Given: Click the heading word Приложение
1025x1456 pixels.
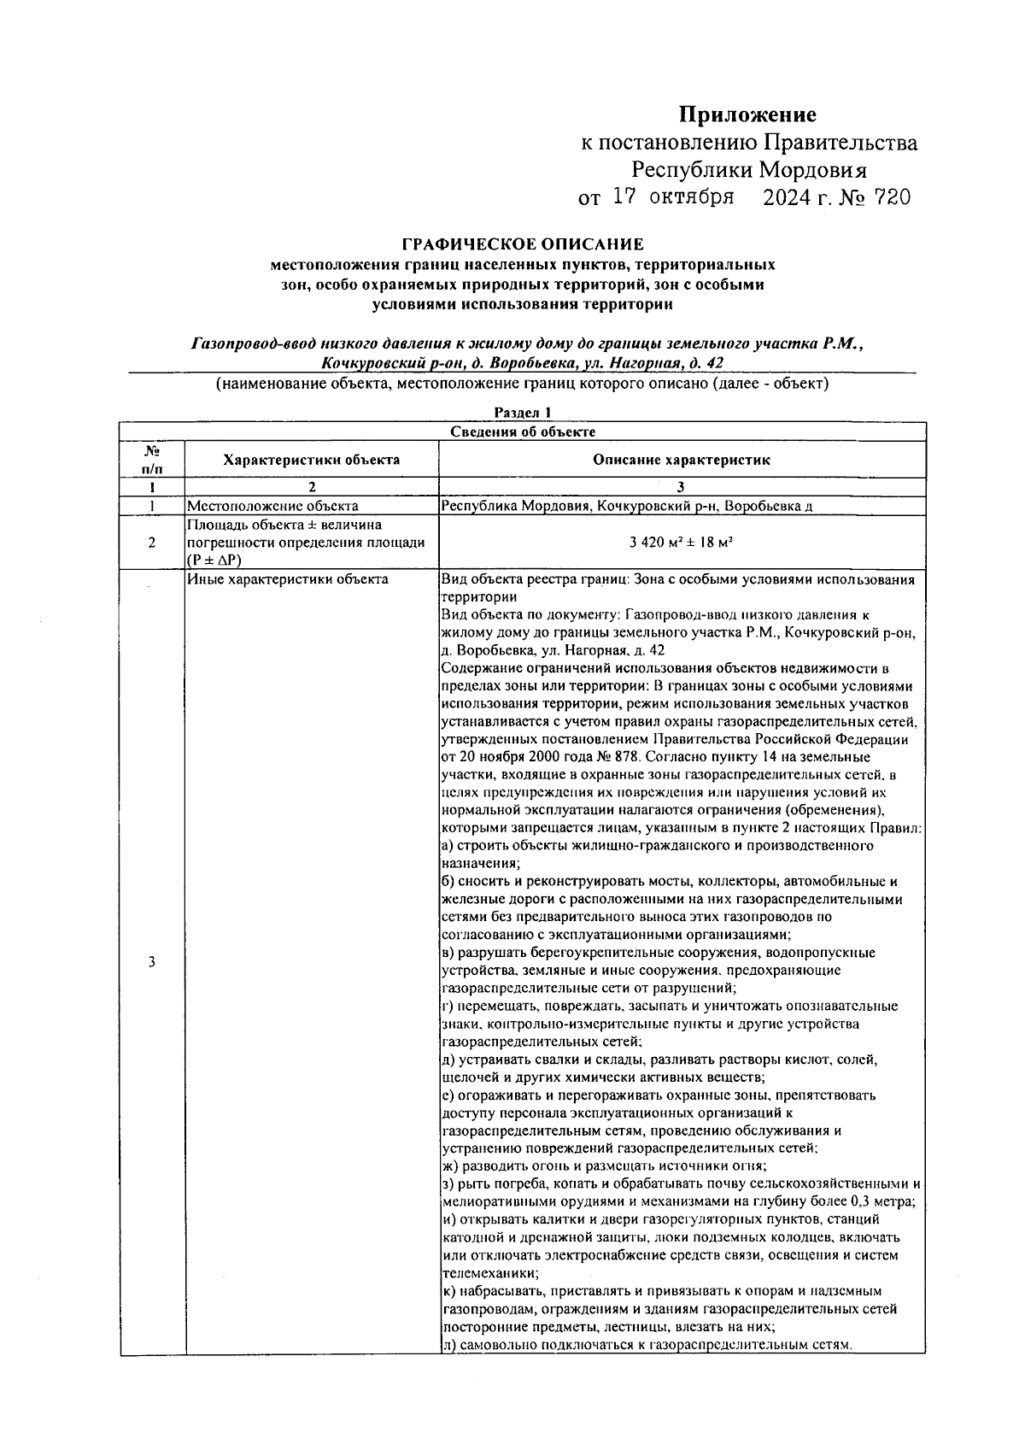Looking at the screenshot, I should coord(747,115).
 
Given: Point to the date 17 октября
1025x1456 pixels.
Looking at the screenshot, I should coord(674,198).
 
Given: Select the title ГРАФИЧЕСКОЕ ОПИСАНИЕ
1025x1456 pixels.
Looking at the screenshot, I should coord(522,245).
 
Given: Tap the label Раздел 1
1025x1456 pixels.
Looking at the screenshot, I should coord(523,413).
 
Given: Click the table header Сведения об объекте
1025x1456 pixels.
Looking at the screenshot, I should coord(523,432).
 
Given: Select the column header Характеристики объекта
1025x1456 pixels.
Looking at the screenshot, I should coord(311,460).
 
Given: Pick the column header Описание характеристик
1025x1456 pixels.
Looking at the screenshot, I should coord(682,460).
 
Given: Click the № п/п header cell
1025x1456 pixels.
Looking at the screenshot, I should coord(151,459).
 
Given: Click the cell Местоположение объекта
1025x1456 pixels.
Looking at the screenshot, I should coord(272,506).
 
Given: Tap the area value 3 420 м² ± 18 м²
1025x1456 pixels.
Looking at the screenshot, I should coord(682,543).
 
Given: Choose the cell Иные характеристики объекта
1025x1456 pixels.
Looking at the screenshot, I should coord(287,579).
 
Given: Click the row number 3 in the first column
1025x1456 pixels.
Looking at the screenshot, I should coord(151,962).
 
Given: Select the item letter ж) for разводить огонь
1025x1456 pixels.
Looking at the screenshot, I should coord(451,1166).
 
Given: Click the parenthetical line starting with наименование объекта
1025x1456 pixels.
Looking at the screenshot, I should coord(522,384).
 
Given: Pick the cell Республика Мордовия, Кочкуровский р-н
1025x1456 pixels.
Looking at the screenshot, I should coord(626,506).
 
